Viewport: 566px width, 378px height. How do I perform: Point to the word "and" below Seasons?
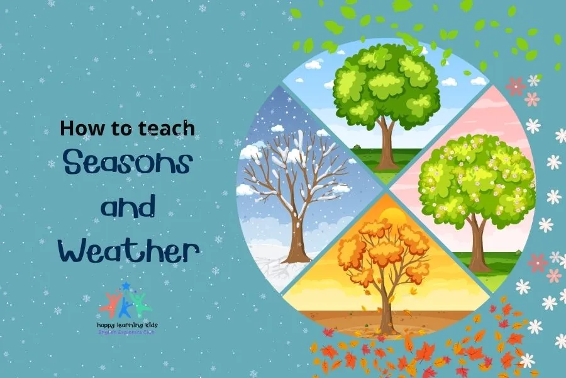128,208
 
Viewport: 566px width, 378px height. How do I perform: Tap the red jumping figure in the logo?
111,305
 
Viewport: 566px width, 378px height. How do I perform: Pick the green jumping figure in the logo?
139,304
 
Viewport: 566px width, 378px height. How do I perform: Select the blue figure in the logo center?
125,307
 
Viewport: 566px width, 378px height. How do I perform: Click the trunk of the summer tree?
386,142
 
